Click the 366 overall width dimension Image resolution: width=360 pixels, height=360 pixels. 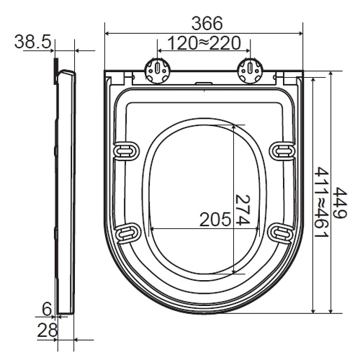pos(207,23)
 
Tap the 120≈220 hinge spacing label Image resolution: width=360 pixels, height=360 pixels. pos(204,43)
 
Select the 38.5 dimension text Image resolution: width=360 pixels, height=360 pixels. pos(33,42)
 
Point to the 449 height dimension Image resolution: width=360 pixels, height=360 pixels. pos(341,203)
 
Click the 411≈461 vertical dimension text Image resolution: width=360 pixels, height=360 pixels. pos(321,202)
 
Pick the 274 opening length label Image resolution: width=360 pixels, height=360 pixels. pos(243,210)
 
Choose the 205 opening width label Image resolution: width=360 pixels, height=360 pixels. pos(215,219)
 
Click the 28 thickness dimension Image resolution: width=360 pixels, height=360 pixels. pos(48,330)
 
